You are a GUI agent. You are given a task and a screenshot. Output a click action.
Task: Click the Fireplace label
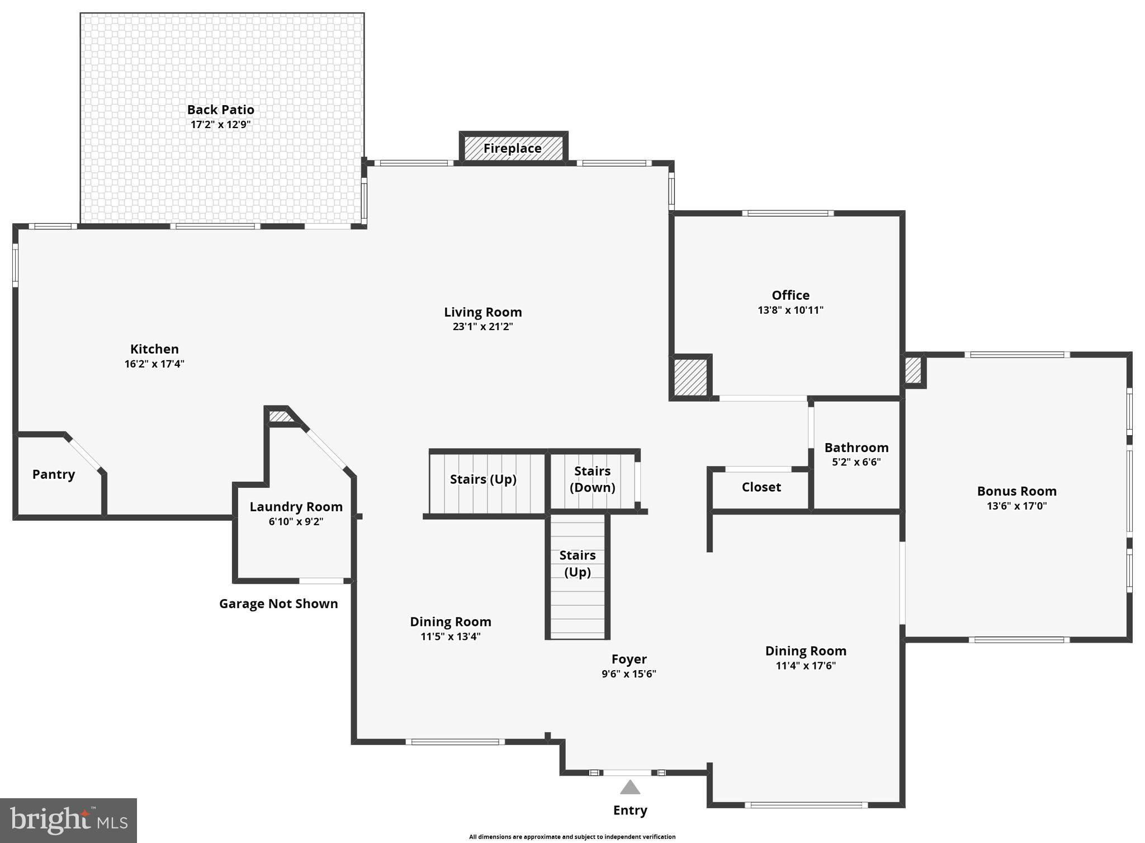[512, 148]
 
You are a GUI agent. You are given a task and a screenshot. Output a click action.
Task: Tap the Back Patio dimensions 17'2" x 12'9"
[221, 124]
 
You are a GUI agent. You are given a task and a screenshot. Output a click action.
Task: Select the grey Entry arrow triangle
[630, 788]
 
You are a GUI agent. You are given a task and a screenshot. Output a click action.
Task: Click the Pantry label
[54, 474]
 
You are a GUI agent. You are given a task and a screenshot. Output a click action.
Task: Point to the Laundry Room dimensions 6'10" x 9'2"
[296, 521]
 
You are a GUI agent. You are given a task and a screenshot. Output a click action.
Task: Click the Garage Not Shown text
[278, 604]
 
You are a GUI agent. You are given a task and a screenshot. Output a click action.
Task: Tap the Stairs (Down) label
[592, 479]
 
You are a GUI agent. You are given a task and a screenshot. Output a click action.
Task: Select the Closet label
[761, 487]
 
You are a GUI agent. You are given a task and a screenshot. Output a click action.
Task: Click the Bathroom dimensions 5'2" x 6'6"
[856, 462]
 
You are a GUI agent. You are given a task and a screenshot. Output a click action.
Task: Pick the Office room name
[791, 295]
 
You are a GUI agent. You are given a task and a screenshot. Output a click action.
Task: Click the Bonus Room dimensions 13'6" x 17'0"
[1016, 506]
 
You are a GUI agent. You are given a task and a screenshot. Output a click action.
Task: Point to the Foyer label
[629, 659]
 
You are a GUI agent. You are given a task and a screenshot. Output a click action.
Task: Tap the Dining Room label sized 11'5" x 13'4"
[451, 621]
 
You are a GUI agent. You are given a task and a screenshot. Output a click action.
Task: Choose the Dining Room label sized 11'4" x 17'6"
[806, 651]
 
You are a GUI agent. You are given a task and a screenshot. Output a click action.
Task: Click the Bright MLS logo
[68, 820]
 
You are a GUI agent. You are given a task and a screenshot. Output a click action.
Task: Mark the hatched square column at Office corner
[690, 378]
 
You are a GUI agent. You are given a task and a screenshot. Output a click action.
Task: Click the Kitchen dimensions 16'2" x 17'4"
[154, 364]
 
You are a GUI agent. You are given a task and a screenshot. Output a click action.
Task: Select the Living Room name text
[483, 312]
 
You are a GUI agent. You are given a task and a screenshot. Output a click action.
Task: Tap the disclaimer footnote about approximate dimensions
[572, 837]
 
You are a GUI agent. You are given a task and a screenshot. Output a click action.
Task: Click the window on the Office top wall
[788, 213]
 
